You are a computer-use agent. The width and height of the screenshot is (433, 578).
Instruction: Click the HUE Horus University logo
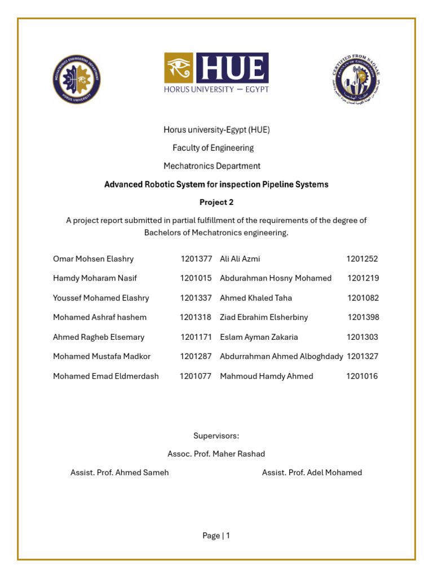[216, 73]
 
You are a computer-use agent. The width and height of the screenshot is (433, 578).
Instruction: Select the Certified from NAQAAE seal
[356, 78]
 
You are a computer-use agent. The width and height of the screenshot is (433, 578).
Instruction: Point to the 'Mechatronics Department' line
[212, 166]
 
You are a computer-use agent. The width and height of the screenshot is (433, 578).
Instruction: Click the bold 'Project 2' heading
[216, 202]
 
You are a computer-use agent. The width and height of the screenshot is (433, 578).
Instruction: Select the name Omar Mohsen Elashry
[93, 259]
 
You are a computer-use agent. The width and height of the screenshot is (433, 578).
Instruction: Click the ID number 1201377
[196, 259]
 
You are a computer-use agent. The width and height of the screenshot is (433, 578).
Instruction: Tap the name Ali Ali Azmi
[240, 259]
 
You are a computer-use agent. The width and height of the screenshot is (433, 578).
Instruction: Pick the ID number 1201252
[362, 259]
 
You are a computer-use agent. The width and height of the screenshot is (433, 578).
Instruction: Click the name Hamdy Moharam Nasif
[95, 278]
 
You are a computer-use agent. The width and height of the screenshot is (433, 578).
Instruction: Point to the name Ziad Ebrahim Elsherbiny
[264, 317]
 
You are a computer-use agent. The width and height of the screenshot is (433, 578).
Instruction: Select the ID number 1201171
[196, 337]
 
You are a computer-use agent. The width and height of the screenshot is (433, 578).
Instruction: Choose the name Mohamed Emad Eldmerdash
[106, 376]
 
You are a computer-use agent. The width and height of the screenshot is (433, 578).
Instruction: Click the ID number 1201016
[362, 376]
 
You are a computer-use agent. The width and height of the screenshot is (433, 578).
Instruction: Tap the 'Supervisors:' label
[216, 436]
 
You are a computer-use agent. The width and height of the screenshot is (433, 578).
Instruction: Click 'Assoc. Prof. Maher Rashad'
[216, 454]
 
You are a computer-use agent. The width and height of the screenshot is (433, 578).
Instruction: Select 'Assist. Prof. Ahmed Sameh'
[120, 472]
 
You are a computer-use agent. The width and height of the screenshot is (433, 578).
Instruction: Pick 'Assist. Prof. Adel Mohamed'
[312, 472]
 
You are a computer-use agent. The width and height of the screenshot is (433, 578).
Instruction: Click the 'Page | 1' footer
[216, 536]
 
